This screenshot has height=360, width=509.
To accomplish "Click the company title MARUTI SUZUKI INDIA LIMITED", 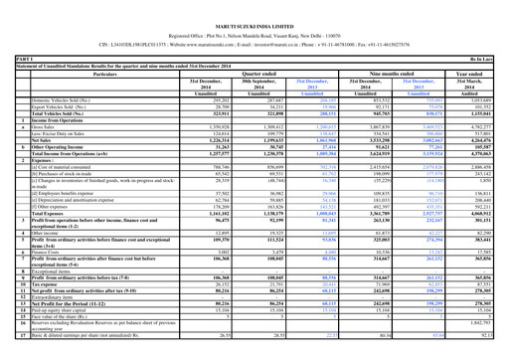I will click(254, 9).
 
